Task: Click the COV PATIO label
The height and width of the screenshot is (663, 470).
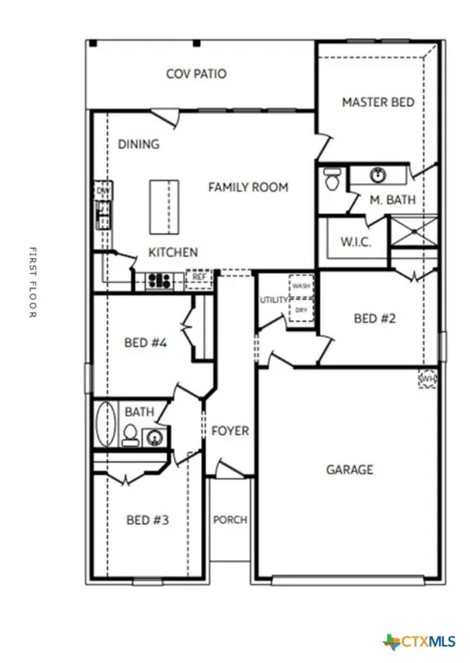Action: (x=197, y=74)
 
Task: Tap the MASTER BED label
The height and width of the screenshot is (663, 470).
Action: (x=378, y=102)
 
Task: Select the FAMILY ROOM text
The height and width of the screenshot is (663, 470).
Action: (x=248, y=186)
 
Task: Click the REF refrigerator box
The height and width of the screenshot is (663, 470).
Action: (x=199, y=278)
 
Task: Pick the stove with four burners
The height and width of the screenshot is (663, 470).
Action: (x=159, y=280)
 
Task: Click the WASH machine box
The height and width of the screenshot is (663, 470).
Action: (x=301, y=286)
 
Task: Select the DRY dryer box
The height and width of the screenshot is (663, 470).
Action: (x=301, y=309)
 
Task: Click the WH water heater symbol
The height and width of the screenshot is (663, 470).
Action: (x=427, y=379)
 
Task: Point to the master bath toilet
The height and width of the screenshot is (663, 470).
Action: (x=332, y=179)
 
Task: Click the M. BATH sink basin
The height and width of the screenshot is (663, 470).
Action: (x=378, y=176)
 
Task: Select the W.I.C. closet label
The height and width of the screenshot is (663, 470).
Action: (x=355, y=242)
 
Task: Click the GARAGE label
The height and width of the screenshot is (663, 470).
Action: (x=349, y=470)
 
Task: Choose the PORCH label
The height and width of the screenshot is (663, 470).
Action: (x=230, y=520)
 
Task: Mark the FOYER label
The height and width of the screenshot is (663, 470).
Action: (x=230, y=431)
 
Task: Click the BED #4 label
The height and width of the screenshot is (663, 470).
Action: (x=146, y=343)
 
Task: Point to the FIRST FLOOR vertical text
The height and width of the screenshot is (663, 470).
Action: (x=32, y=282)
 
